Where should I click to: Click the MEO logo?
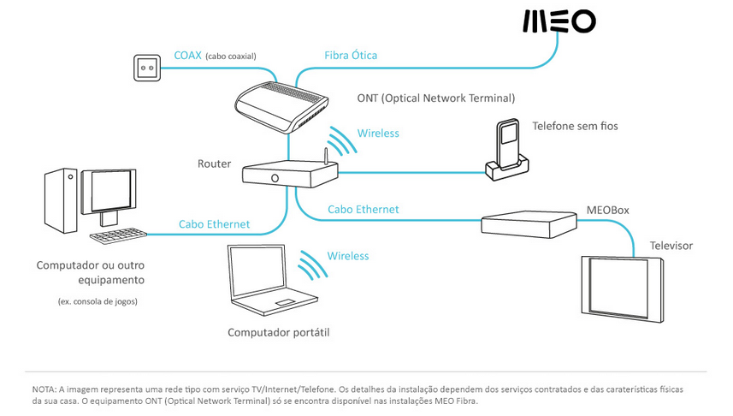point(559,21)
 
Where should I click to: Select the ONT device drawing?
point(281,107)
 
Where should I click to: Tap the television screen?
point(622,288)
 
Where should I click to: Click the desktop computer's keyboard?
point(116,235)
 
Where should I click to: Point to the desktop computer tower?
point(62,200)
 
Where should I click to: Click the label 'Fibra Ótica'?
point(351,56)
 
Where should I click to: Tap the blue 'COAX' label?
point(188,56)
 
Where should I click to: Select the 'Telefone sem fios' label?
point(575,126)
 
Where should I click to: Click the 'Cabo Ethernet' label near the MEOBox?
point(363,209)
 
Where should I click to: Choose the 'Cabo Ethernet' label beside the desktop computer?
point(214,224)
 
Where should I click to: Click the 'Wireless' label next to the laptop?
point(348,256)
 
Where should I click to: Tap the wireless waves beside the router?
point(342,141)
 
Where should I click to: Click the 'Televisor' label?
point(671,246)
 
